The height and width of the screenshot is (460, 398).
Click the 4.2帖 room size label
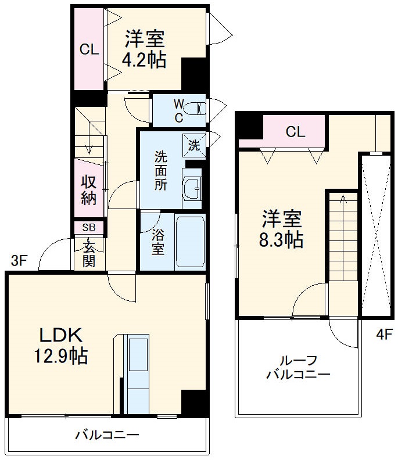144,60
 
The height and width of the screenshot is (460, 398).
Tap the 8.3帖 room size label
282,239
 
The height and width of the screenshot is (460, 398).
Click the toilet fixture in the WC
197,108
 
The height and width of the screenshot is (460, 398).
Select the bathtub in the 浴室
190,243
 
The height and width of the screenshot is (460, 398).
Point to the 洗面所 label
160,171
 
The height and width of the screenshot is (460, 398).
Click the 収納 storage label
88,190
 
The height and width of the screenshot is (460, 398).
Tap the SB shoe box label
89,227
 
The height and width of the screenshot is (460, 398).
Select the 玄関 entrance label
89,253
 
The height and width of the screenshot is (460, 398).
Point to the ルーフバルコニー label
298,367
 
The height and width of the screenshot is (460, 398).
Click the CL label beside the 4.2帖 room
89,50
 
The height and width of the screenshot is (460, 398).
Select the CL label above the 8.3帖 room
295,132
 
